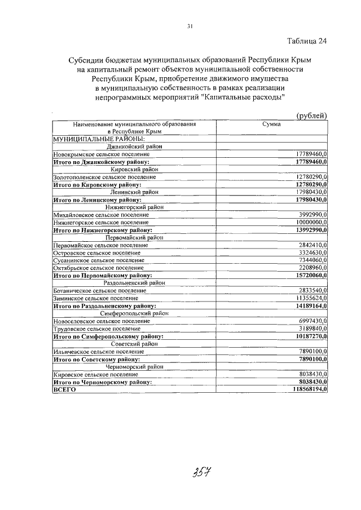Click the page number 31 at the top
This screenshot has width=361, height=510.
click(x=190, y=25)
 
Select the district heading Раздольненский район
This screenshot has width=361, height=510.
click(x=134, y=283)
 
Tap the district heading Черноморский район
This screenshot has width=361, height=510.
click(x=134, y=366)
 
